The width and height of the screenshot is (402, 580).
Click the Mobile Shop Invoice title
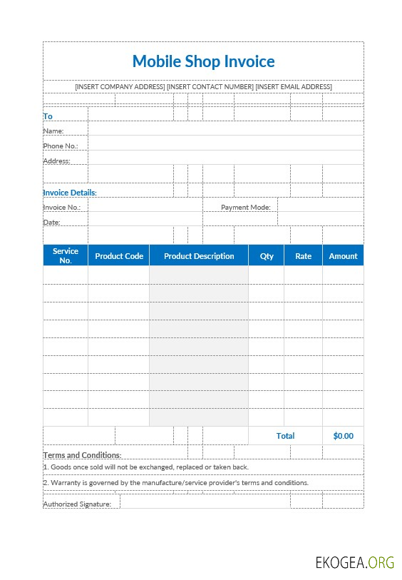click(203, 61)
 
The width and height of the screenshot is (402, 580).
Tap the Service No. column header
click(66, 255)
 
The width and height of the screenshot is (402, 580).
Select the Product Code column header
click(119, 256)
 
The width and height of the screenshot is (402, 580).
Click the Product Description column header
click(199, 256)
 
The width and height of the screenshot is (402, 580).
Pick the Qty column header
click(267, 256)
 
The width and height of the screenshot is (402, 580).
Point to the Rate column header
click(304, 256)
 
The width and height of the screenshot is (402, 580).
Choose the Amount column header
click(343, 256)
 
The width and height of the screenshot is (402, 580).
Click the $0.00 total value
click(343, 436)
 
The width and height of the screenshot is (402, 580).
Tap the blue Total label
click(285, 436)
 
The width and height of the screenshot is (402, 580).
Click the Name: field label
click(53, 131)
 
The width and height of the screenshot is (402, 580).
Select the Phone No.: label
click(61, 146)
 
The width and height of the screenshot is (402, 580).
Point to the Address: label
click(57, 161)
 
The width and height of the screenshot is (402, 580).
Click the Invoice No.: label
click(62, 208)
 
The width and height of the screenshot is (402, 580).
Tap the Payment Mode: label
click(246, 208)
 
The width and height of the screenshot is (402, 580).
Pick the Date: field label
click(52, 223)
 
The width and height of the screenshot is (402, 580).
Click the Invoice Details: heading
click(70, 193)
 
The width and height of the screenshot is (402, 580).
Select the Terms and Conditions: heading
click(82, 455)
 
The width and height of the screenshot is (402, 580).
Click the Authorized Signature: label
click(77, 504)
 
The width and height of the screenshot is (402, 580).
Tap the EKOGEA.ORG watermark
click(355, 562)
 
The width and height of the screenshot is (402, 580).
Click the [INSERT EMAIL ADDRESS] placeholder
click(294, 87)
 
